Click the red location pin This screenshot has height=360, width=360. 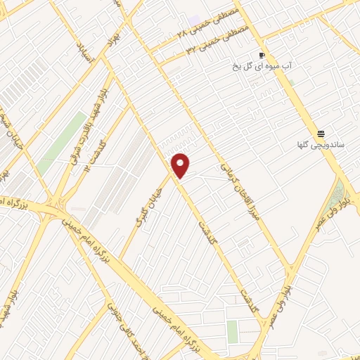click(x=181, y=165)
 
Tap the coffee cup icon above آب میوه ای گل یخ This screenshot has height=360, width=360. click(x=262, y=56)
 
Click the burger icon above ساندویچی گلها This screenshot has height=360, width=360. click(x=321, y=133)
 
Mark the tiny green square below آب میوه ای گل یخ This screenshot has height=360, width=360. click(x=290, y=82)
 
